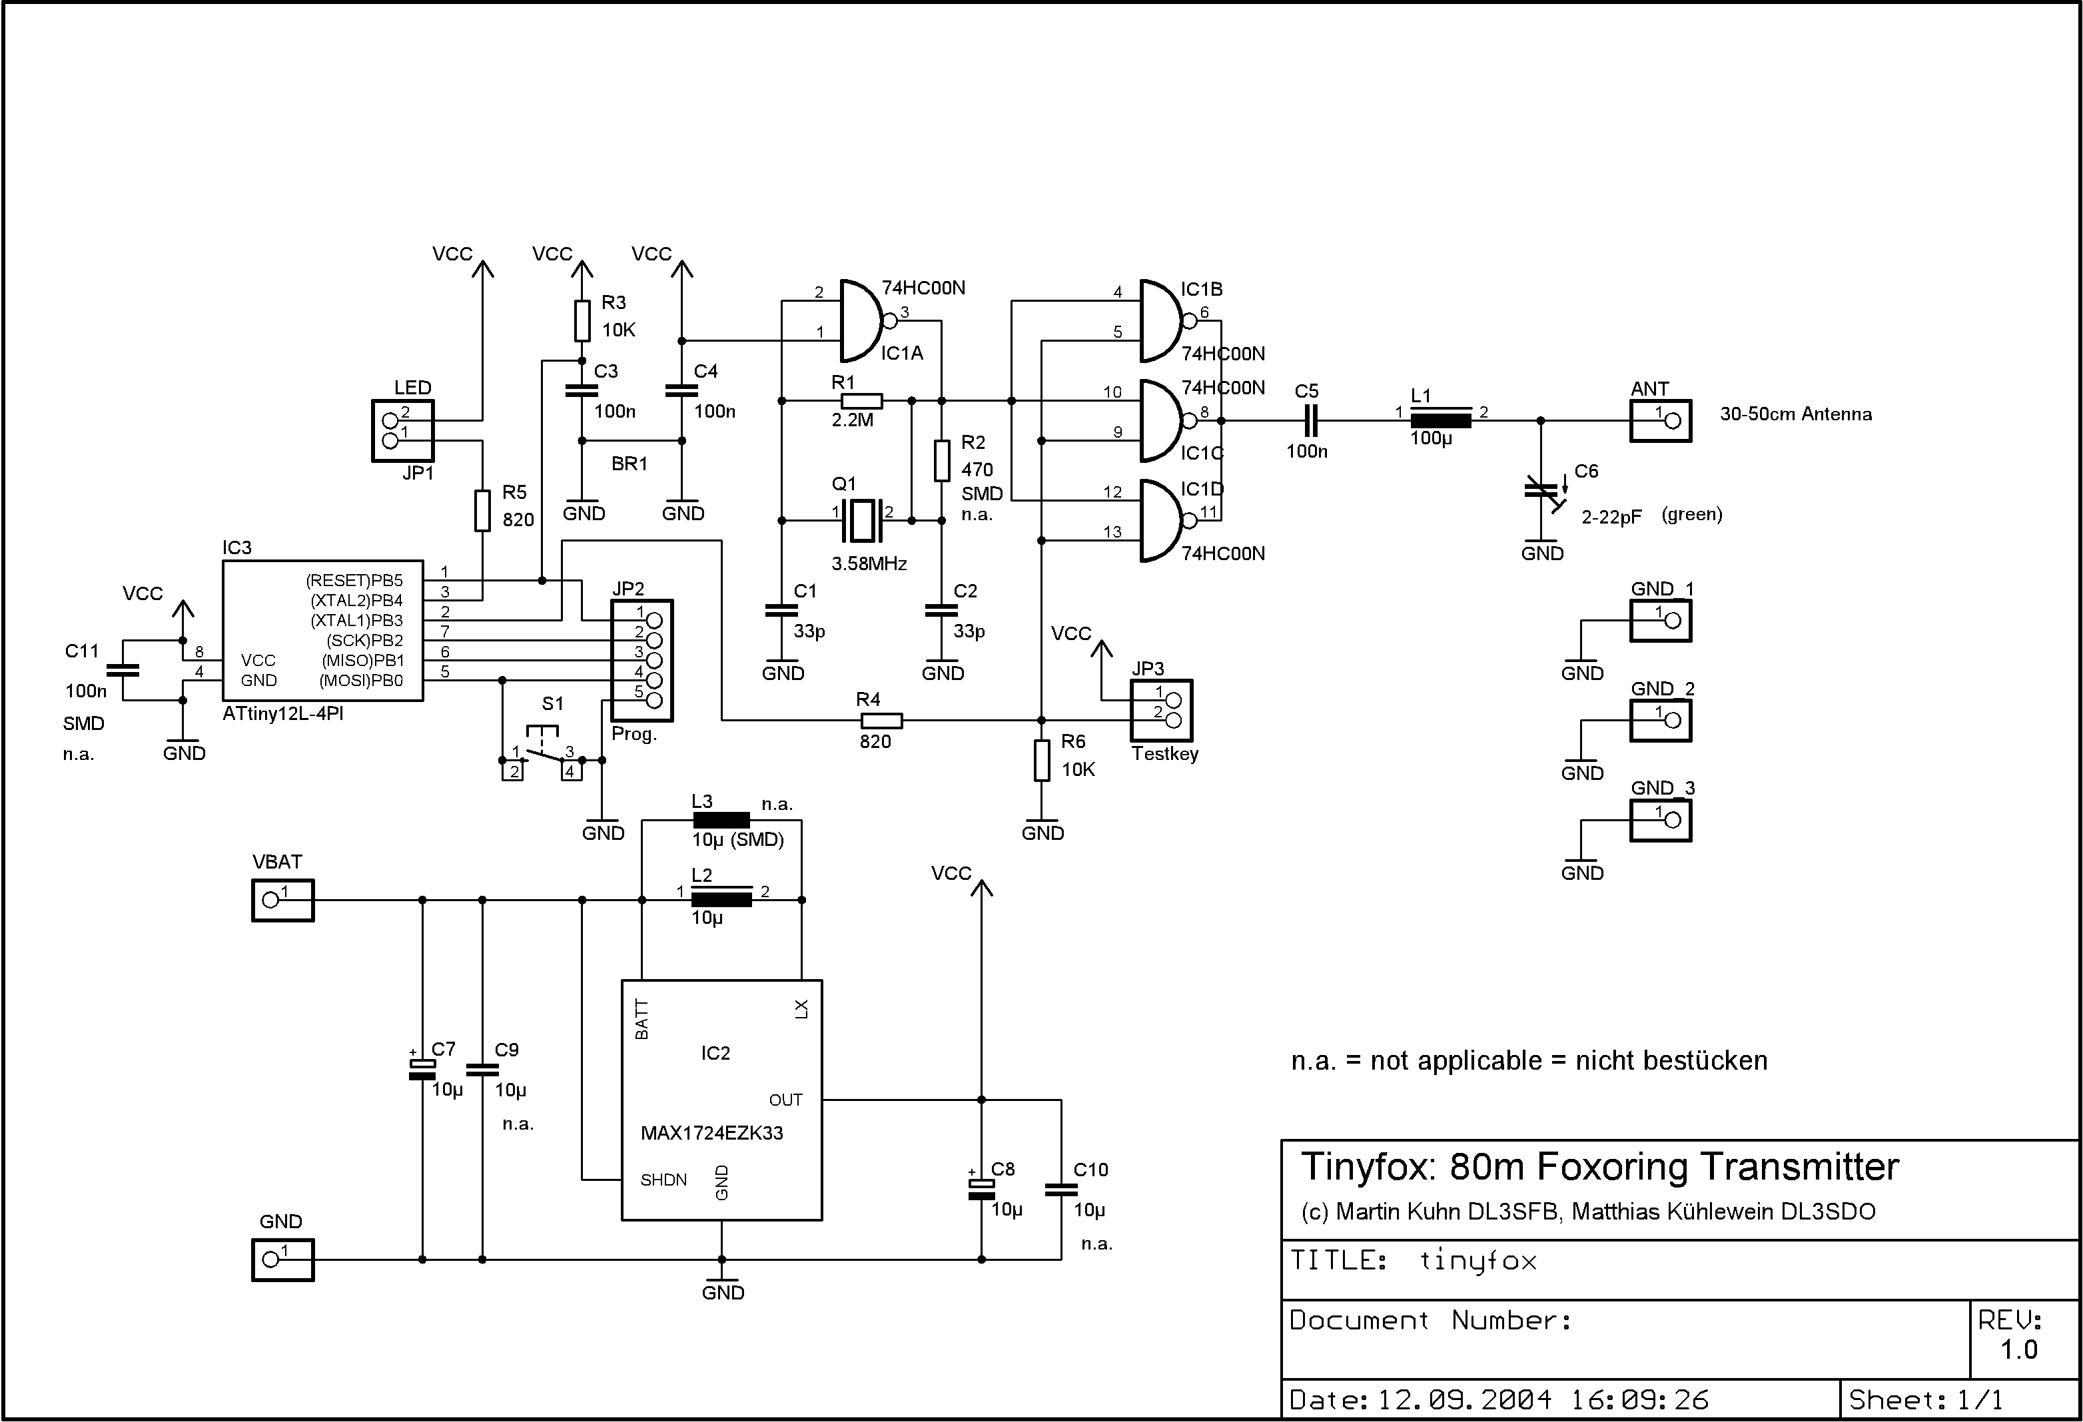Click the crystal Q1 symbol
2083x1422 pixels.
pos(861,520)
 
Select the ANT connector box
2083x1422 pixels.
pos(1660,420)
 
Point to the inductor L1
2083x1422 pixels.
pos(1440,420)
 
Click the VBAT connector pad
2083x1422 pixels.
pos(282,900)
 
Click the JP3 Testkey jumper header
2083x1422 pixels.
pos(1162,709)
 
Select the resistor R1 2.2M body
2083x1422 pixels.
pos(861,400)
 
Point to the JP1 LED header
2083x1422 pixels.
pos(402,431)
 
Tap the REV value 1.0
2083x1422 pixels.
pos(2019,1349)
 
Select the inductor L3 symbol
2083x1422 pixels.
pos(721,820)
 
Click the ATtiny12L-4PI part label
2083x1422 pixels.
pos(282,714)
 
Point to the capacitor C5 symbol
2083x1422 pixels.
pos(1310,420)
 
